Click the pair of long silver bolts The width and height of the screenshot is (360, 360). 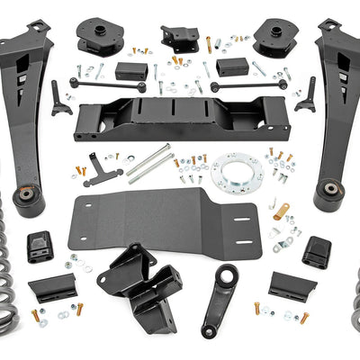(148, 163)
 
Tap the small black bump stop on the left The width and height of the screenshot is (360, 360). (40, 247)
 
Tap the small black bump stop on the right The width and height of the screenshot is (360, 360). (316, 251)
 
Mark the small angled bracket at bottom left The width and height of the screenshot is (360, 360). (52, 288)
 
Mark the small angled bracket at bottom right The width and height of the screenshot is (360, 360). (292, 286)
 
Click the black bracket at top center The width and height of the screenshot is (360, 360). (179, 38)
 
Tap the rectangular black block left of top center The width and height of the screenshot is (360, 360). (131, 70)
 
